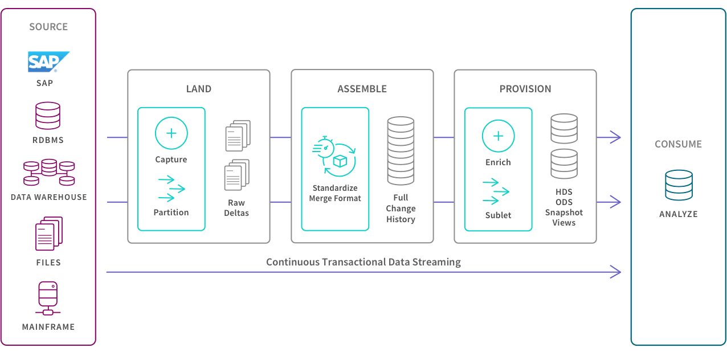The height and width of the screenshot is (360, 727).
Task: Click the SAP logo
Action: [x=48, y=62]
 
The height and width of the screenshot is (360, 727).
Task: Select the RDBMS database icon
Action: [x=48, y=116]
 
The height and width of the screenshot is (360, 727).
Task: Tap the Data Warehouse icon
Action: [x=49, y=172]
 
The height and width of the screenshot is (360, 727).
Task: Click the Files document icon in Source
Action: [x=49, y=234]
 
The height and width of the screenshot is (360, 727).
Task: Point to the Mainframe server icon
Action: [x=48, y=298]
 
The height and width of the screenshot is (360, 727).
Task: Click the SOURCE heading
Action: [x=48, y=27]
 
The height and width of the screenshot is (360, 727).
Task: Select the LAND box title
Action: [x=199, y=89]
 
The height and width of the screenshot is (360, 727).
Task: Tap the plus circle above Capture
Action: [x=171, y=133]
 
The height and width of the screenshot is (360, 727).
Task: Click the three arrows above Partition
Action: [x=171, y=189]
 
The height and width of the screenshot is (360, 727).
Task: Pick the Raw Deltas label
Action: [x=236, y=208]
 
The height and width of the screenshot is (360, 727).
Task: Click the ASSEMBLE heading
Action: [x=362, y=89]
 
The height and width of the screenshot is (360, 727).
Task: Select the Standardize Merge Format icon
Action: [x=334, y=156]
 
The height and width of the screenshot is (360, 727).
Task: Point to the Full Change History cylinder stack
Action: [x=401, y=151]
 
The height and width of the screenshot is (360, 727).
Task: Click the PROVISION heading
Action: [x=525, y=89]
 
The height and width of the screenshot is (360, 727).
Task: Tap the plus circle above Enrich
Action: [x=499, y=136]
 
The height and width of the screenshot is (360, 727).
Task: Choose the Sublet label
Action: [x=498, y=215]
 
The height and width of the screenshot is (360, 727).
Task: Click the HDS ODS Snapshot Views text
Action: [x=564, y=207]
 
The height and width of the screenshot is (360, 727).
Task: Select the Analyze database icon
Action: [x=679, y=185]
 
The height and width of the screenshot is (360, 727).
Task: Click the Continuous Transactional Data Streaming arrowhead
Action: [x=616, y=272]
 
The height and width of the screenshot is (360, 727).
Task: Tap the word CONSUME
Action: [x=679, y=144]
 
